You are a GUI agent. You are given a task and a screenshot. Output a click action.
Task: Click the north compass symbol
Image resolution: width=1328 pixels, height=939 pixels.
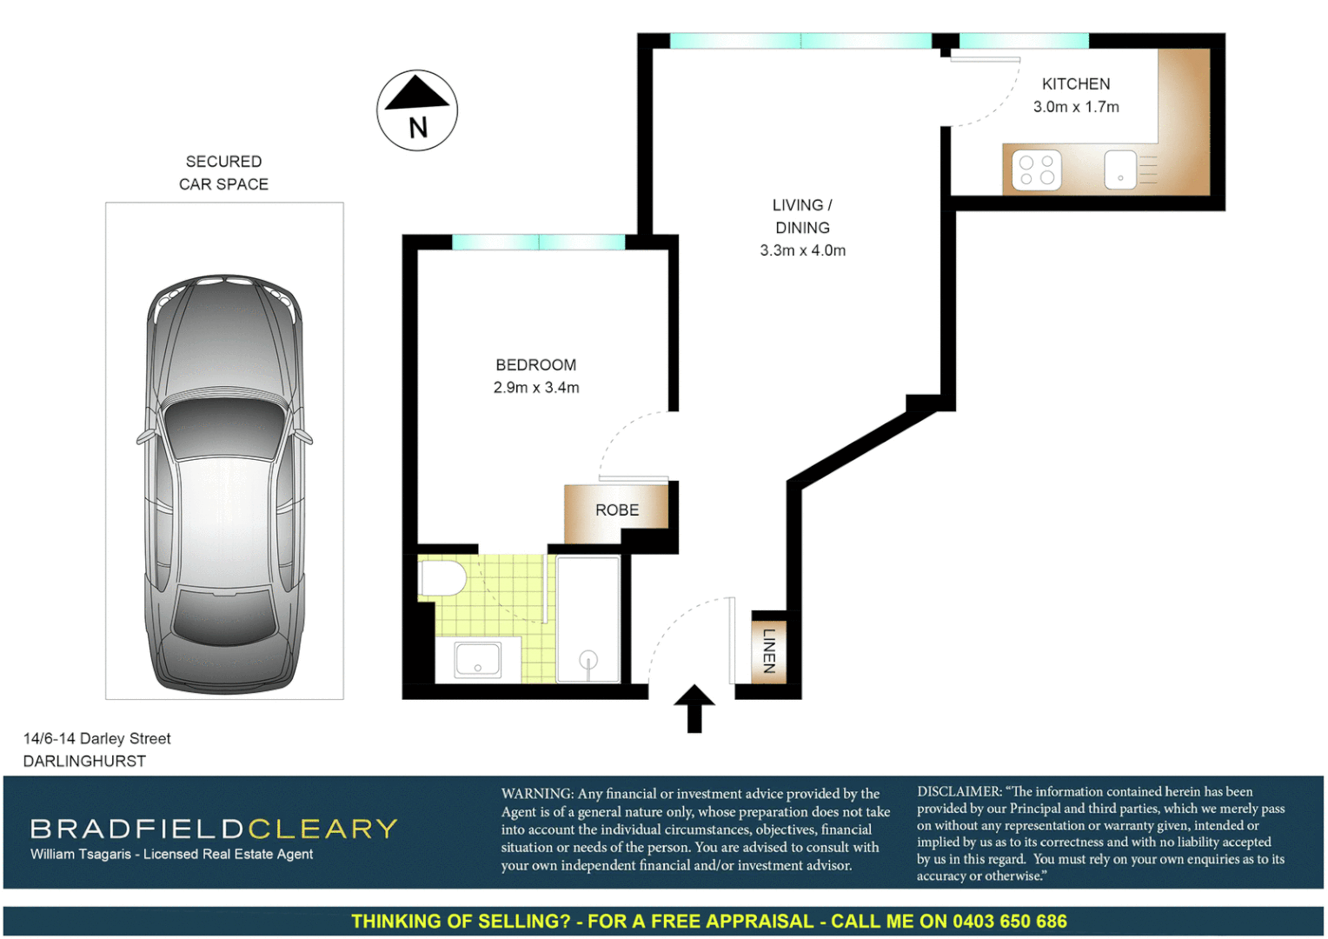point(417,110)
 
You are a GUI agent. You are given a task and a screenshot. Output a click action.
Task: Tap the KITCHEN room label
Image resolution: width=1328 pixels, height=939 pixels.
point(1076,84)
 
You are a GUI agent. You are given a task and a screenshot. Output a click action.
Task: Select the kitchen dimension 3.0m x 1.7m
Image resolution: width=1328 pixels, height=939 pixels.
point(1076,107)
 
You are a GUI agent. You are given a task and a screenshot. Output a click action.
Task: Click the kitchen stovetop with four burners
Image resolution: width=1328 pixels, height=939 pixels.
point(1036,170)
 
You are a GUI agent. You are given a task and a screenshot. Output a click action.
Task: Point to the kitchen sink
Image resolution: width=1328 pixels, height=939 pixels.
point(1120,170)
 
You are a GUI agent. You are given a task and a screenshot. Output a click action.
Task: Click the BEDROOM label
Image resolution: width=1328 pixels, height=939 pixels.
point(535,365)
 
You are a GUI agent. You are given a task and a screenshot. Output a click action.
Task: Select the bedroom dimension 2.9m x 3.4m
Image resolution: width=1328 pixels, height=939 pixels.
point(536,388)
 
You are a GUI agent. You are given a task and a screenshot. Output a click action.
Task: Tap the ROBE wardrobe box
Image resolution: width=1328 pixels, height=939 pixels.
point(616,510)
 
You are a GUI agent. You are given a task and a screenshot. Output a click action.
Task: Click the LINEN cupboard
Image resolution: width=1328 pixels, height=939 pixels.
point(768,650)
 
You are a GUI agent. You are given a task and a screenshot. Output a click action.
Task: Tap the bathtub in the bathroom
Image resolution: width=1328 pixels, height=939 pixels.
point(588,619)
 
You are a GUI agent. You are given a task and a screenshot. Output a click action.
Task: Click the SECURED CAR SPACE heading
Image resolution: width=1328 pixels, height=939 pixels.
point(223,173)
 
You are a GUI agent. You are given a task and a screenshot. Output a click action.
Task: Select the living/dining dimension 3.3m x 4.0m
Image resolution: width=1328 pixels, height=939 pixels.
point(802,250)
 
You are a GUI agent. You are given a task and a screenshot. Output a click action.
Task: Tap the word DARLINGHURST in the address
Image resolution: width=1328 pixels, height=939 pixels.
point(84,761)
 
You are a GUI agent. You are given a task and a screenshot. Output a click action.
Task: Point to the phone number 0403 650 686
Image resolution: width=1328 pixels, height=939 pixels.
point(1009,922)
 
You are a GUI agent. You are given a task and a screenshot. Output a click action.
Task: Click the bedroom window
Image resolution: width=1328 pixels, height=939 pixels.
point(538,242)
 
